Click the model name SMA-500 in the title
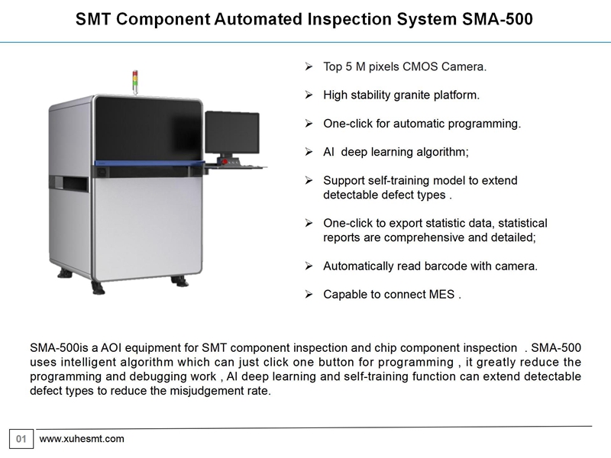pos(497,19)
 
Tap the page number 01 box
pos(21,439)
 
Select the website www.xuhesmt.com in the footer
pos(82,439)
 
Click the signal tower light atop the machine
pos(135,82)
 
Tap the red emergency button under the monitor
pos(225,161)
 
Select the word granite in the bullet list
pos(409,95)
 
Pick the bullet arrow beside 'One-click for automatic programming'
pos(309,124)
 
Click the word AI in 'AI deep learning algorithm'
pos(328,152)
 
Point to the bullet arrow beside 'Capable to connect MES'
pos(309,295)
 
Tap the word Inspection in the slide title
pos(350,19)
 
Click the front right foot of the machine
pos(179,280)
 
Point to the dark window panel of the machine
pos(148,128)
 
